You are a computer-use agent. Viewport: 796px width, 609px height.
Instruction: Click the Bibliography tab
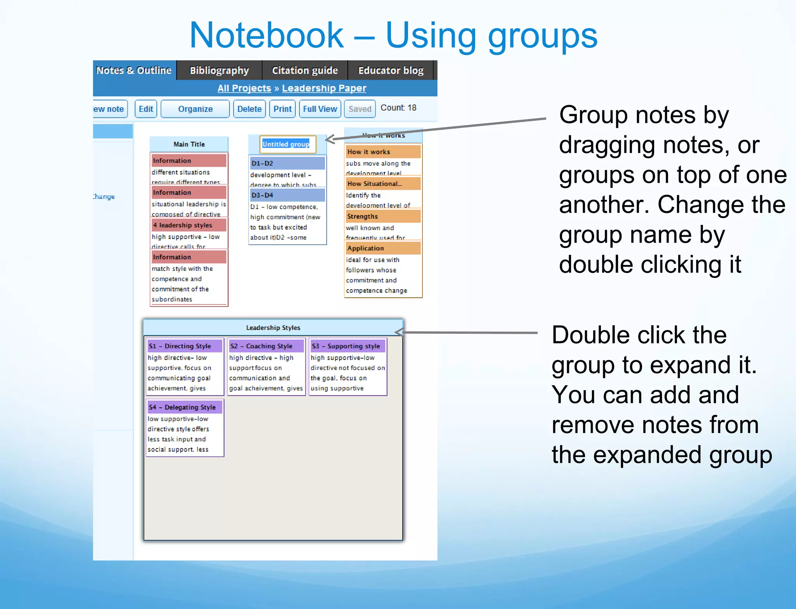point(219,70)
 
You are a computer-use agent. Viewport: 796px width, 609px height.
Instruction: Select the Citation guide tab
point(304,70)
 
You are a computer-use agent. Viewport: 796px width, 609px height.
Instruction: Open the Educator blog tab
point(390,70)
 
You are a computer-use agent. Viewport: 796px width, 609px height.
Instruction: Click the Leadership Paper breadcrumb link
point(324,88)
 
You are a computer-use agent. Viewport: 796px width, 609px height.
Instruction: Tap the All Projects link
point(244,88)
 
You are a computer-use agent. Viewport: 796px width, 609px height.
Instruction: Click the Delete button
point(249,109)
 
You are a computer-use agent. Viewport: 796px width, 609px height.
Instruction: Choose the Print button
point(282,109)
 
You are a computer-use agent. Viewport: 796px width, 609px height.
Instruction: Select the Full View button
point(320,109)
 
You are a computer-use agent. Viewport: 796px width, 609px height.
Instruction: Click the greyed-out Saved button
point(360,109)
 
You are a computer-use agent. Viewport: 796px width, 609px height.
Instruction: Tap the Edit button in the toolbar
point(146,109)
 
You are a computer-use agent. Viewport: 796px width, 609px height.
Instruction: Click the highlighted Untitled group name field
point(286,144)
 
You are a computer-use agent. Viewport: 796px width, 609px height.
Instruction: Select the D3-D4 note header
point(287,195)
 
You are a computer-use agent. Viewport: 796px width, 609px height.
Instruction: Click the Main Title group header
point(189,144)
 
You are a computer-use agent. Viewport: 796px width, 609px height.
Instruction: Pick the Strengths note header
point(383,216)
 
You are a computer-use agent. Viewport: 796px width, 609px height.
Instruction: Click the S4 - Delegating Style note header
point(185,407)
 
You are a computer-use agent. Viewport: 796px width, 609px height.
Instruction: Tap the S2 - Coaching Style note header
point(266,346)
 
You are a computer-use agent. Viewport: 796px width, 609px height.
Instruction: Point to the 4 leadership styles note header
point(189,225)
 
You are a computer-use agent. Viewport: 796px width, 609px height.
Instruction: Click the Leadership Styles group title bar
point(273,328)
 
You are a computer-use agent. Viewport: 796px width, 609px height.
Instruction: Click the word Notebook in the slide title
point(267,36)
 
